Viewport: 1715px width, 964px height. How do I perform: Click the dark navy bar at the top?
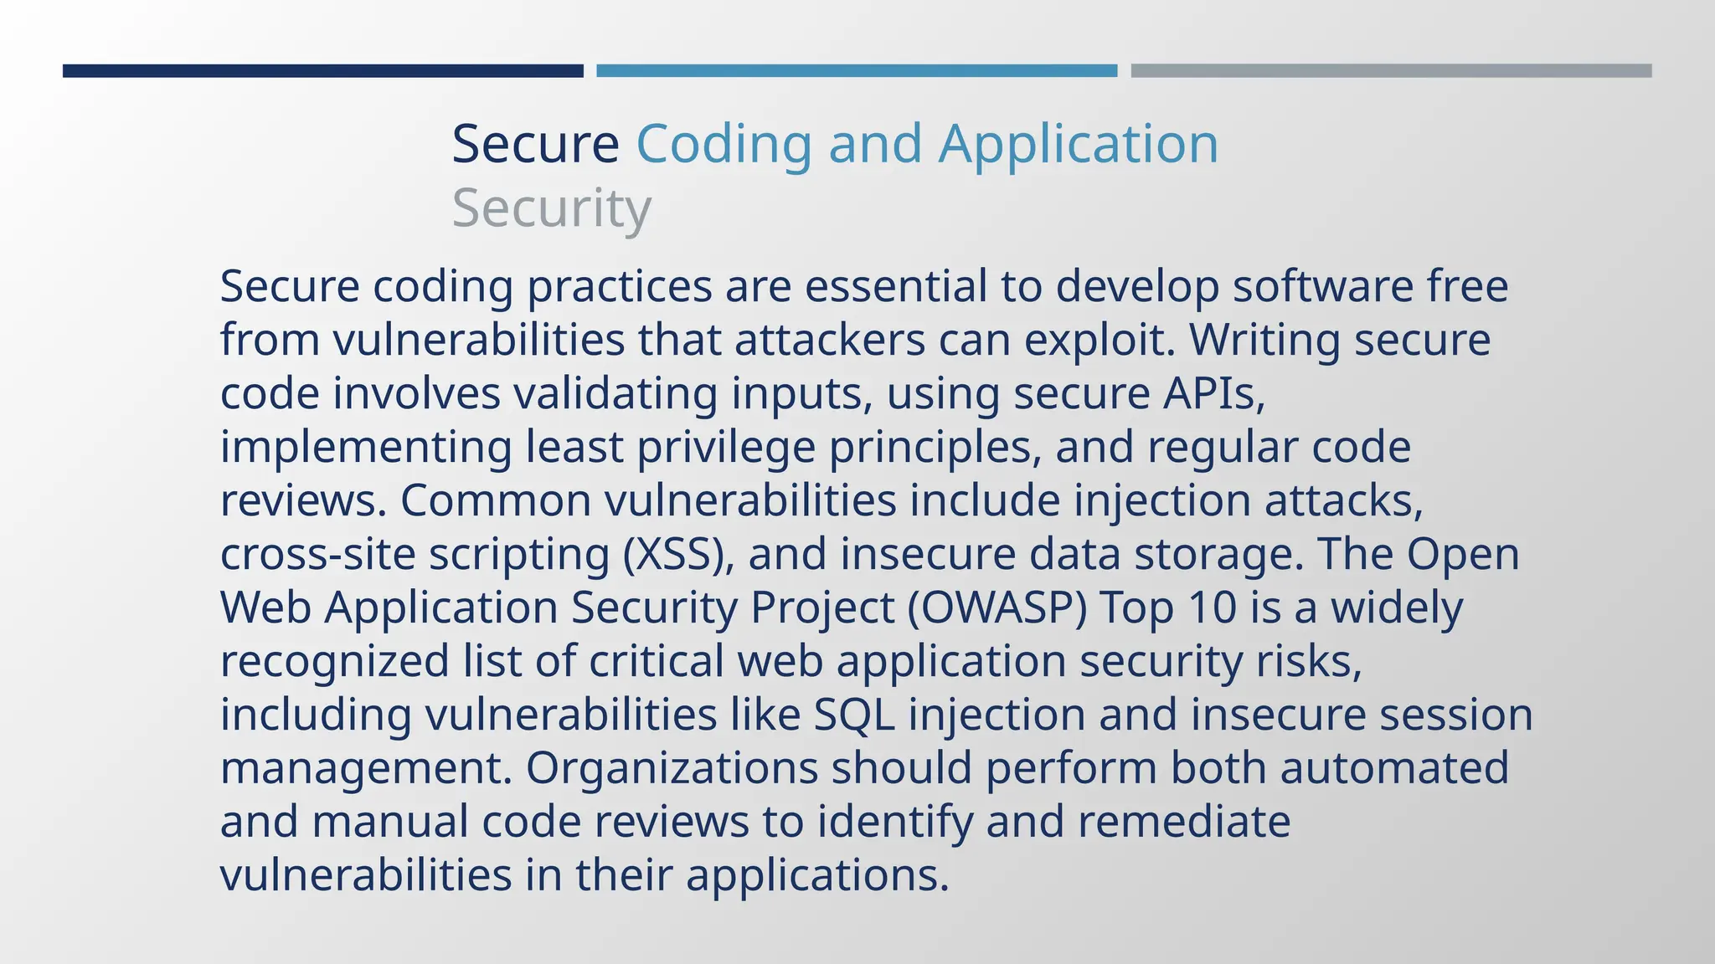click(x=322, y=71)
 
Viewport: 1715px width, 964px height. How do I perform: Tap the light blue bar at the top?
click(x=857, y=71)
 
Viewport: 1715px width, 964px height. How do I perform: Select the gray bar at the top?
click(x=1391, y=71)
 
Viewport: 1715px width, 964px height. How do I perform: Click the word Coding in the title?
click(x=724, y=144)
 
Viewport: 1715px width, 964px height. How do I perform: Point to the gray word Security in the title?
click(x=551, y=208)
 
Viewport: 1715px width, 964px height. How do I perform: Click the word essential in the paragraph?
click(x=896, y=286)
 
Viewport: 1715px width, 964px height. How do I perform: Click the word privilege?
click(x=726, y=447)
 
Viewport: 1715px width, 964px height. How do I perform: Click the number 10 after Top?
click(x=1212, y=608)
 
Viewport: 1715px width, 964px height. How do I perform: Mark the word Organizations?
click(x=672, y=768)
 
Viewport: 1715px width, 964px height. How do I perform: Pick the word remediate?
click(x=1183, y=822)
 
